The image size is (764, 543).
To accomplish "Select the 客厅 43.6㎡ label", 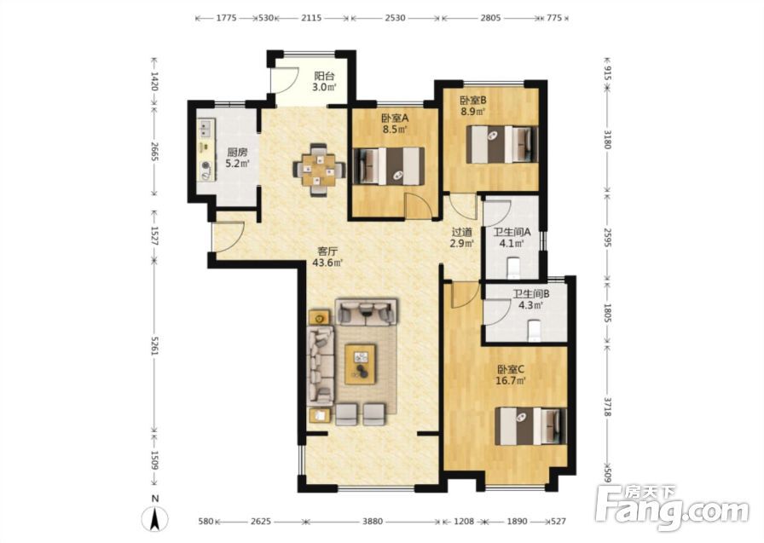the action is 327,257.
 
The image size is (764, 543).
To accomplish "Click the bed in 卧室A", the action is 388,166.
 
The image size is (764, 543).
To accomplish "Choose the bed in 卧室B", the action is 502,145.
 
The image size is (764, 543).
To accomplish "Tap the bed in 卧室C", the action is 531,426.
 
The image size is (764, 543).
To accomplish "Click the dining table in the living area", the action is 319,170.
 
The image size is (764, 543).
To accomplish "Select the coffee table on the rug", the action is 360,364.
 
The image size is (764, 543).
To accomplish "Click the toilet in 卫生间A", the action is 514,269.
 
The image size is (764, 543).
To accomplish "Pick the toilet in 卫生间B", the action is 535,331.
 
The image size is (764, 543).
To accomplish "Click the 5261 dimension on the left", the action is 154,346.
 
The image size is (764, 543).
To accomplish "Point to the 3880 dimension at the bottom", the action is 373,521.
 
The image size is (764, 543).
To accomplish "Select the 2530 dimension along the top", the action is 395,18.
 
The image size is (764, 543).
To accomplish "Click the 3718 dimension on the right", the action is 607,406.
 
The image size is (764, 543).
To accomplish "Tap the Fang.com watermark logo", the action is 673,507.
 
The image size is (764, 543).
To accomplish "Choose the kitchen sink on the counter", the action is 205,129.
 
